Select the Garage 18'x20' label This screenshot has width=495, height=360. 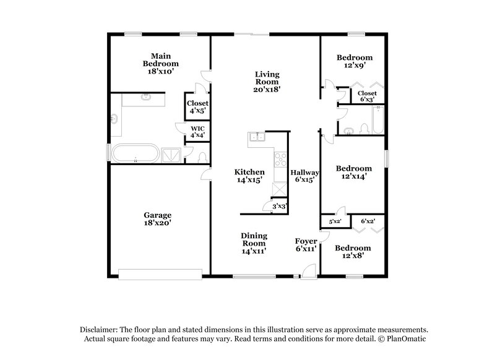157,220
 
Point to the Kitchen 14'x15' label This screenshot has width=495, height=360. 249,176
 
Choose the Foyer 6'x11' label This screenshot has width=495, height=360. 306,244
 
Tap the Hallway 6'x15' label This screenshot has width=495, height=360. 306,176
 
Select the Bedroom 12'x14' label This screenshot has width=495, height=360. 354,172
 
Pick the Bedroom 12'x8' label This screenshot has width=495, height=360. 353,252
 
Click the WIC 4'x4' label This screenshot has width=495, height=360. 197,132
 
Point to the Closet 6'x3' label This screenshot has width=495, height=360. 367,96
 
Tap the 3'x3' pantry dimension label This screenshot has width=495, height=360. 280,207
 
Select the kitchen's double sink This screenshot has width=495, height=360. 256,137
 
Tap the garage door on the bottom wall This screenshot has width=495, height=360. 161,273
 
